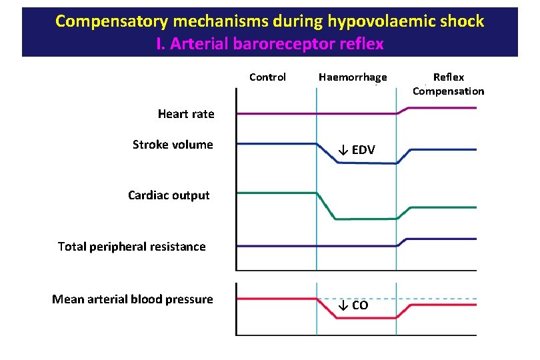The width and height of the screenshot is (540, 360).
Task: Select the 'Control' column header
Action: [x=267, y=77]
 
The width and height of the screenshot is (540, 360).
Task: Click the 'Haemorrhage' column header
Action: [x=353, y=77]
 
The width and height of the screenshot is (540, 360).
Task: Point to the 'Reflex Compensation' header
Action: [x=448, y=84]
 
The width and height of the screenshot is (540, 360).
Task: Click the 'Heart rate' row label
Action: [x=186, y=114]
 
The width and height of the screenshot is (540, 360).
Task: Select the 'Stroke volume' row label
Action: [x=173, y=145]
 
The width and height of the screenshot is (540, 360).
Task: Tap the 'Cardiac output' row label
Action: [x=169, y=195]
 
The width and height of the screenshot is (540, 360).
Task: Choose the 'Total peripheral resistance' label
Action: [x=131, y=247]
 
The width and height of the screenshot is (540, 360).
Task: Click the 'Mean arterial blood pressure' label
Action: [x=132, y=299]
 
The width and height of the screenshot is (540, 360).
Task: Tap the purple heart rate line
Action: [x=273, y=114]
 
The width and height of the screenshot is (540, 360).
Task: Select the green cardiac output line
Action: [x=273, y=193]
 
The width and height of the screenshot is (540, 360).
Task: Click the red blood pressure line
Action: [x=273, y=298]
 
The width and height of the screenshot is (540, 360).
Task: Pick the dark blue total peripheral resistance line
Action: [x=273, y=246]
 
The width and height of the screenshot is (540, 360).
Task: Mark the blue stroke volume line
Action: [x=273, y=143]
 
